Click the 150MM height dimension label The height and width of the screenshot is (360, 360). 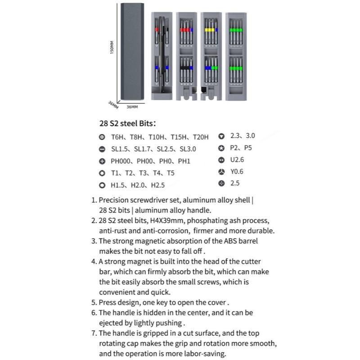click(112, 48)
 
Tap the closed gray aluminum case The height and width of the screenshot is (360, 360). click(131, 52)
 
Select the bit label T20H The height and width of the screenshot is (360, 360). click(201, 136)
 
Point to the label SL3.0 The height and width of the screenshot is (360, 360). click(188, 149)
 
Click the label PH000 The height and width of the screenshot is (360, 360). click(122, 161)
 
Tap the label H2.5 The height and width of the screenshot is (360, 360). click(157, 185)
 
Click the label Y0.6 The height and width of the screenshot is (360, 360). click(237, 171)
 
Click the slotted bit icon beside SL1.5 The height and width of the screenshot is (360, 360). click(102, 149)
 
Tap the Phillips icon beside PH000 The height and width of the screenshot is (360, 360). click(102, 161)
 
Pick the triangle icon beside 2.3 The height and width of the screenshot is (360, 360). click(221, 135)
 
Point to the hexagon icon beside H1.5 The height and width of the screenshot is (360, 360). click(102, 185)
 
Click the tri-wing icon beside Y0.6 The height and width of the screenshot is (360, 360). click(221, 171)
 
